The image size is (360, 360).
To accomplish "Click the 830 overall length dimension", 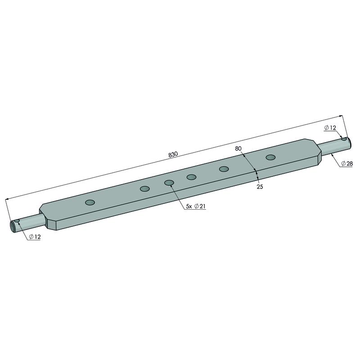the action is (173, 154).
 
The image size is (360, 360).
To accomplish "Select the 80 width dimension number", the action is (238, 148).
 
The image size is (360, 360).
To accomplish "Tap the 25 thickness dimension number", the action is (260, 187).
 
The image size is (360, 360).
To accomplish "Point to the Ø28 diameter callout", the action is (346, 163).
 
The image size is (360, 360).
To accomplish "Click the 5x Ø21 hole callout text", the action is (196, 206).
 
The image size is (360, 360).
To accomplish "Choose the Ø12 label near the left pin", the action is (35, 237).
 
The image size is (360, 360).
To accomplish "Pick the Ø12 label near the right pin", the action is (330, 128).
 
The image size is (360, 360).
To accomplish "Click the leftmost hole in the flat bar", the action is (90, 202).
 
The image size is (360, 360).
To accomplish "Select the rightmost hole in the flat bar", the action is (271, 157).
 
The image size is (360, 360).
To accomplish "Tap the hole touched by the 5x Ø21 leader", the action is (169, 183).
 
